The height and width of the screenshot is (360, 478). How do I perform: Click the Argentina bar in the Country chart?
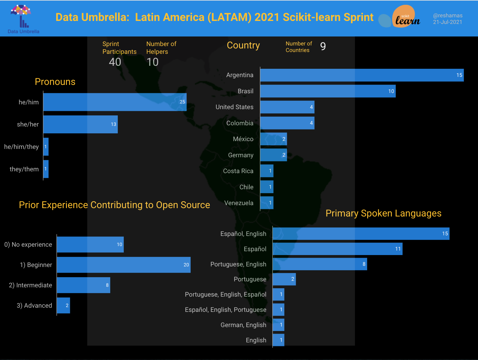(x=361, y=75)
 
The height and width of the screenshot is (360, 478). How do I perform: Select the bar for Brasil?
(x=328, y=91)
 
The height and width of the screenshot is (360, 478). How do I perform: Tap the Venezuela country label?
(x=239, y=203)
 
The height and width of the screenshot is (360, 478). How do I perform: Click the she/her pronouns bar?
(x=80, y=124)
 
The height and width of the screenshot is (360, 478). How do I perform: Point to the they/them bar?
(x=46, y=169)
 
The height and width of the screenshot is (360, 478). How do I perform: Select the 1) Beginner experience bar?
(x=123, y=265)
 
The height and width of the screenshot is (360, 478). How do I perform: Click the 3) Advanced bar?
(x=63, y=306)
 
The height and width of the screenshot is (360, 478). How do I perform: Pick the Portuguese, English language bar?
(x=320, y=264)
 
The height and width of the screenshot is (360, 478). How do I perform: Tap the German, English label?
(x=243, y=325)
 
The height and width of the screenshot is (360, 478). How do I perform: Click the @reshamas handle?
(x=448, y=16)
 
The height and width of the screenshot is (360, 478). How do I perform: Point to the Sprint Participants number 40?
(x=115, y=62)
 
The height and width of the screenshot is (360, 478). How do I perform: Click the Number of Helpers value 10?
(x=152, y=62)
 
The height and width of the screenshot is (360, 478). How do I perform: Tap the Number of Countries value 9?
(x=323, y=46)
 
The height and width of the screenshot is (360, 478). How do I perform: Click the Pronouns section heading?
(x=55, y=82)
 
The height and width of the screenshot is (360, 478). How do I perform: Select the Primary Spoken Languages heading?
(x=383, y=213)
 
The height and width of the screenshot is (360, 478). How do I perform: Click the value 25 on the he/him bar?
(x=182, y=102)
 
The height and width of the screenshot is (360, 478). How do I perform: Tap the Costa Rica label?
(x=238, y=171)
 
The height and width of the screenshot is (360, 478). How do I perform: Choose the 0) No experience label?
(x=28, y=245)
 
